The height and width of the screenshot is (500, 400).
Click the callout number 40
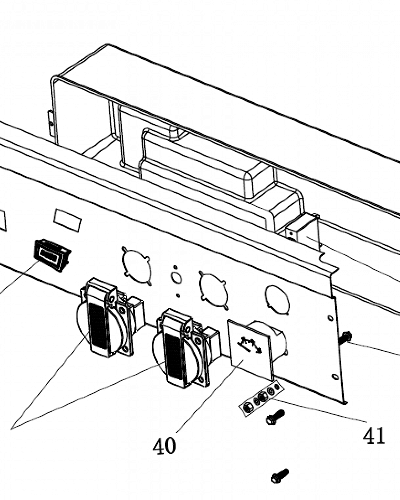tap(165, 446)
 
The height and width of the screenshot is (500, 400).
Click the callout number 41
tap(375, 436)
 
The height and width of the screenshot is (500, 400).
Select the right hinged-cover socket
tap(182, 348)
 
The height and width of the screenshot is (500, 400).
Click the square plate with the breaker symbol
tap(250, 348)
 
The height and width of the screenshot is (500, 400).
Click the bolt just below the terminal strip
tap(275, 417)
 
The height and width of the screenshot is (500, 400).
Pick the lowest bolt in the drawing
tap(279, 475)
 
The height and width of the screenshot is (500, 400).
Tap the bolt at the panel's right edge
tap(345, 338)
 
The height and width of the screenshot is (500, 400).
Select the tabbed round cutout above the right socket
tap(213, 288)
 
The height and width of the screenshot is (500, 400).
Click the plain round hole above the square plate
tap(277, 300)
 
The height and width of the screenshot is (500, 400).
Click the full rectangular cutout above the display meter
tap(67, 220)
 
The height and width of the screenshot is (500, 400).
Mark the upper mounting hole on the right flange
tap(330, 318)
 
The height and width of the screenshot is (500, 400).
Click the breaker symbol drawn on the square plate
tap(250, 345)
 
